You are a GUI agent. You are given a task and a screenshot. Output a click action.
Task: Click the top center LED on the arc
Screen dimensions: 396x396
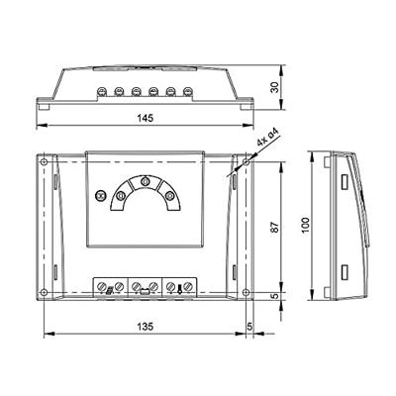(x=146, y=182)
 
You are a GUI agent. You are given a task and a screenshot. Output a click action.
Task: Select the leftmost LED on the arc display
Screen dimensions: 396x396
(x=121, y=197)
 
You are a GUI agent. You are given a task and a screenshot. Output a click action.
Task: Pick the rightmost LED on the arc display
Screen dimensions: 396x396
(x=170, y=197)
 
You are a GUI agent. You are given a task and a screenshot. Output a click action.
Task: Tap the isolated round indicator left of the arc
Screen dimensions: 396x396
(x=100, y=197)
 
